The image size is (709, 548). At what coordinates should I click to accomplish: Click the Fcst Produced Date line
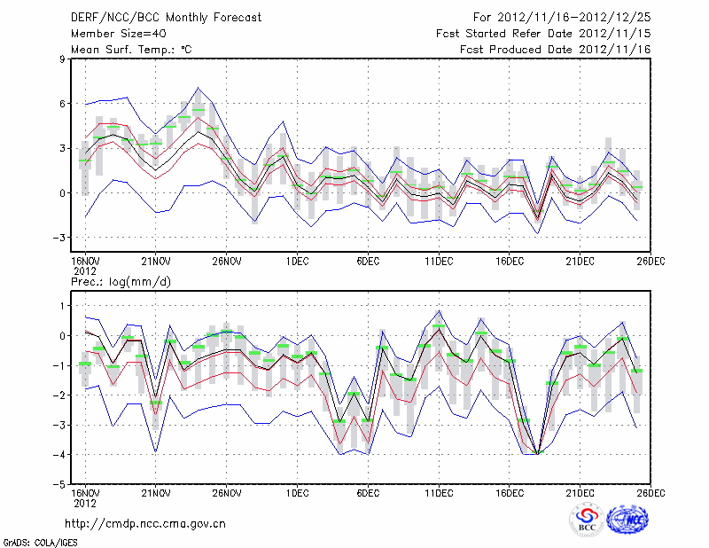[556, 49]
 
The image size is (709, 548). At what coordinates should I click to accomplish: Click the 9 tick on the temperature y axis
[62, 59]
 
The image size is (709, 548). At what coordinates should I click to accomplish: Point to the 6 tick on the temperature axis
[62, 104]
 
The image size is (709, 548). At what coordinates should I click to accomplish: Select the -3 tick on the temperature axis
[60, 238]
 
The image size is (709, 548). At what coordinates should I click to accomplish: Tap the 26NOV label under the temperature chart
[227, 262]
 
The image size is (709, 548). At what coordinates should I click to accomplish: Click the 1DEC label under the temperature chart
[298, 262]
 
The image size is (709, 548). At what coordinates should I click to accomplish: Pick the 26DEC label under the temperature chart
[651, 262]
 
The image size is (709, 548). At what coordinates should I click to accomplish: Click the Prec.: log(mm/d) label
[121, 282]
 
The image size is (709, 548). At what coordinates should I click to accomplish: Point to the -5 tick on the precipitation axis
[60, 485]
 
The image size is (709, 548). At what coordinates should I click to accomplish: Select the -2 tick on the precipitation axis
[60, 395]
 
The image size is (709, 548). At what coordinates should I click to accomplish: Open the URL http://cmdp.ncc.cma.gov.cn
[145, 523]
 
